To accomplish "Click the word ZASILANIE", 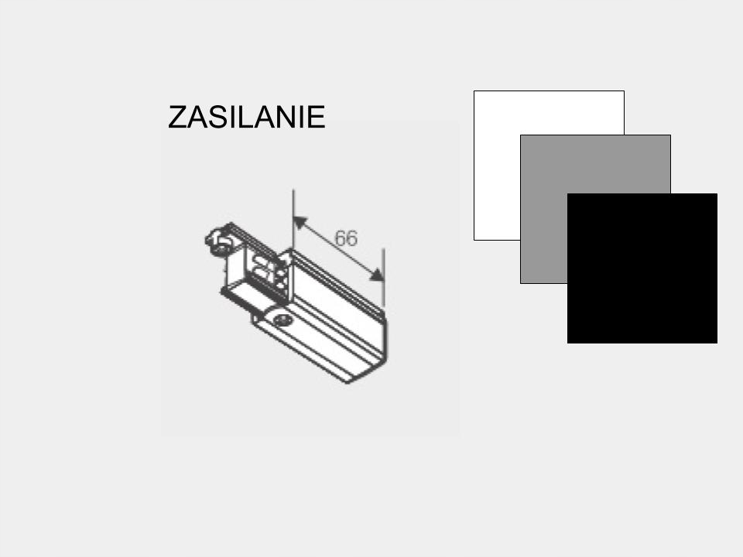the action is (x=246, y=118).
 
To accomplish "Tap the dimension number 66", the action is (x=346, y=238).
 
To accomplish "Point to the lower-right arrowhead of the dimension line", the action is (x=376, y=275).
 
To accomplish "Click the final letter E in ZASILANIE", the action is (x=316, y=118).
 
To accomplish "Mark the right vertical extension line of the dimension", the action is (x=384, y=278).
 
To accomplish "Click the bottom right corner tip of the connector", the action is (x=385, y=378).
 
